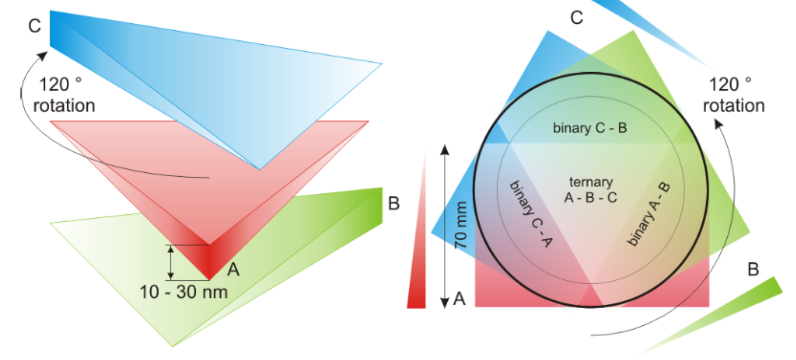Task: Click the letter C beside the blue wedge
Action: pyautogui.click(x=34, y=26)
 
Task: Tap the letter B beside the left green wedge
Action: pyautogui.click(x=394, y=203)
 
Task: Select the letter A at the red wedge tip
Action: pyautogui.click(x=233, y=269)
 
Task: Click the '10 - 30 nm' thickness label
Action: pyautogui.click(x=184, y=292)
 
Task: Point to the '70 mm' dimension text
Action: pyautogui.click(x=461, y=225)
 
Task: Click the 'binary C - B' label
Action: pyautogui.click(x=590, y=128)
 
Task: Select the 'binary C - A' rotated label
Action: pyautogui.click(x=531, y=214)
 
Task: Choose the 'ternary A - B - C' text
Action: pyautogui.click(x=591, y=190)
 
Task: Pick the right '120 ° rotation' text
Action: pyautogui.click(x=734, y=95)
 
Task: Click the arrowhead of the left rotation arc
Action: pyautogui.click(x=43, y=56)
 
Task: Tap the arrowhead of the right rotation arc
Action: pyautogui.click(x=718, y=123)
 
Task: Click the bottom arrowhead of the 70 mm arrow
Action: pyautogui.click(x=445, y=303)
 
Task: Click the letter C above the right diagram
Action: pyautogui.click(x=576, y=18)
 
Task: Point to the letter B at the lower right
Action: pyautogui.click(x=753, y=269)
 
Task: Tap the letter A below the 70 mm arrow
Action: pyautogui.click(x=459, y=298)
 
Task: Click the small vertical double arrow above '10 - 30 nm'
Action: pyautogui.click(x=171, y=263)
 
